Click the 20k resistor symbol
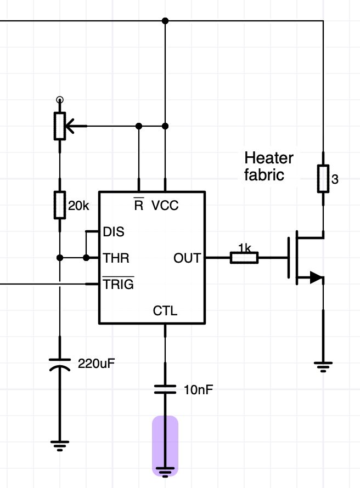[x=60, y=205]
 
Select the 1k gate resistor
[x=244, y=257]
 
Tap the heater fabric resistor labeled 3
[x=323, y=179]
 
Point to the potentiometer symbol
[x=60, y=126]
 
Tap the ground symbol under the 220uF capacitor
[x=60, y=445]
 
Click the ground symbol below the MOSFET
[x=323, y=367]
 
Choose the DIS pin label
[x=114, y=231]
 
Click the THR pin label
[x=116, y=257]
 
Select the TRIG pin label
[x=118, y=284]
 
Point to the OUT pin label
[x=187, y=257]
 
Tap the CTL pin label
[x=165, y=311]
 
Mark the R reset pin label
[x=139, y=205]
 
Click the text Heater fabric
[x=269, y=167]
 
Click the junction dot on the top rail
[x=165, y=20]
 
